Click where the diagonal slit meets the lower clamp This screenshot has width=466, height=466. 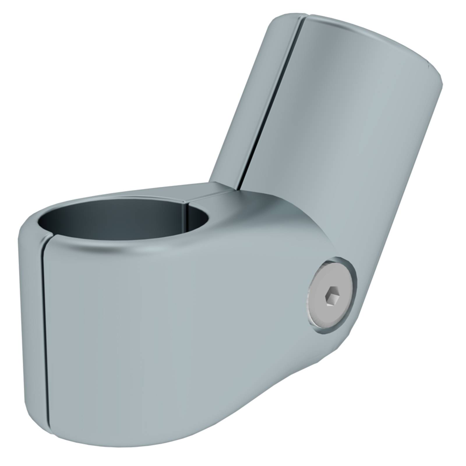239,188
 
